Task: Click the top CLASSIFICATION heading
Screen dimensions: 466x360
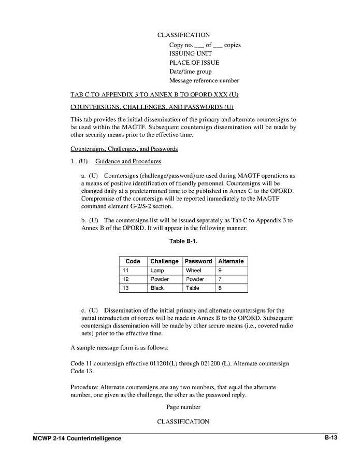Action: click(183, 35)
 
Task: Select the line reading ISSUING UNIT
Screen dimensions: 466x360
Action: click(190, 53)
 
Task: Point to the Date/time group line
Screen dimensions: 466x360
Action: click(190, 72)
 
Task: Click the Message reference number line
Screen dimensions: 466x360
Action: click(204, 81)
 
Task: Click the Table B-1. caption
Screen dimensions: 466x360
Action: click(183, 242)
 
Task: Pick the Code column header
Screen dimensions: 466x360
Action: click(133, 261)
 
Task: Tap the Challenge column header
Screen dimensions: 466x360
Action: click(165, 261)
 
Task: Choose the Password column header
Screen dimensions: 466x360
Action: click(198, 261)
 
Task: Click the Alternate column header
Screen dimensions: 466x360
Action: click(231, 261)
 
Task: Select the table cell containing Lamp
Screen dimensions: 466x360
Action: click(165, 271)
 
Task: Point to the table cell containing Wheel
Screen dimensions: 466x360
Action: click(198, 271)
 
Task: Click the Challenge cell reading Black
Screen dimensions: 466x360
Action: click(165, 288)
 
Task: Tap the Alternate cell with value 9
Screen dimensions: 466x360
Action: click(231, 271)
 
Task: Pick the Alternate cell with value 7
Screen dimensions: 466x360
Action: click(231, 279)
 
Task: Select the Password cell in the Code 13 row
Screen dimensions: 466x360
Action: click(198, 288)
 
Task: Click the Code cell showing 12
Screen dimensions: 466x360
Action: click(133, 279)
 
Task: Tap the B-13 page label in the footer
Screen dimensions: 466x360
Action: click(331, 437)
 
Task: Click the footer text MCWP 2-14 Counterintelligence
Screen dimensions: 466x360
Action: click(77, 439)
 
